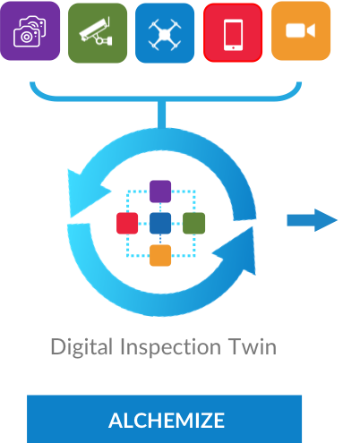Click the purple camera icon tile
[x=30, y=30]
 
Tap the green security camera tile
[x=98, y=33]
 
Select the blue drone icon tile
[x=165, y=33]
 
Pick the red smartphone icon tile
[x=233, y=32]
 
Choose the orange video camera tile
[x=301, y=30]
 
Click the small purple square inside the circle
[x=160, y=192]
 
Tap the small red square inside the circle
[x=127, y=223]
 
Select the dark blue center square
[x=160, y=223]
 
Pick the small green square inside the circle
[x=193, y=223]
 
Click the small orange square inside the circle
[x=160, y=255]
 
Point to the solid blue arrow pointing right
[x=313, y=220]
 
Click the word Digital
[x=81, y=347]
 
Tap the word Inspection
[x=170, y=347]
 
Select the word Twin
[x=253, y=346]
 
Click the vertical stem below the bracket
[x=161, y=115]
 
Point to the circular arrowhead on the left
[x=87, y=193]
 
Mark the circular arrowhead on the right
[x=236, y=251]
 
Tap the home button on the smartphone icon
[x=233, y=47]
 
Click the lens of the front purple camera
[x=26, y=37]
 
